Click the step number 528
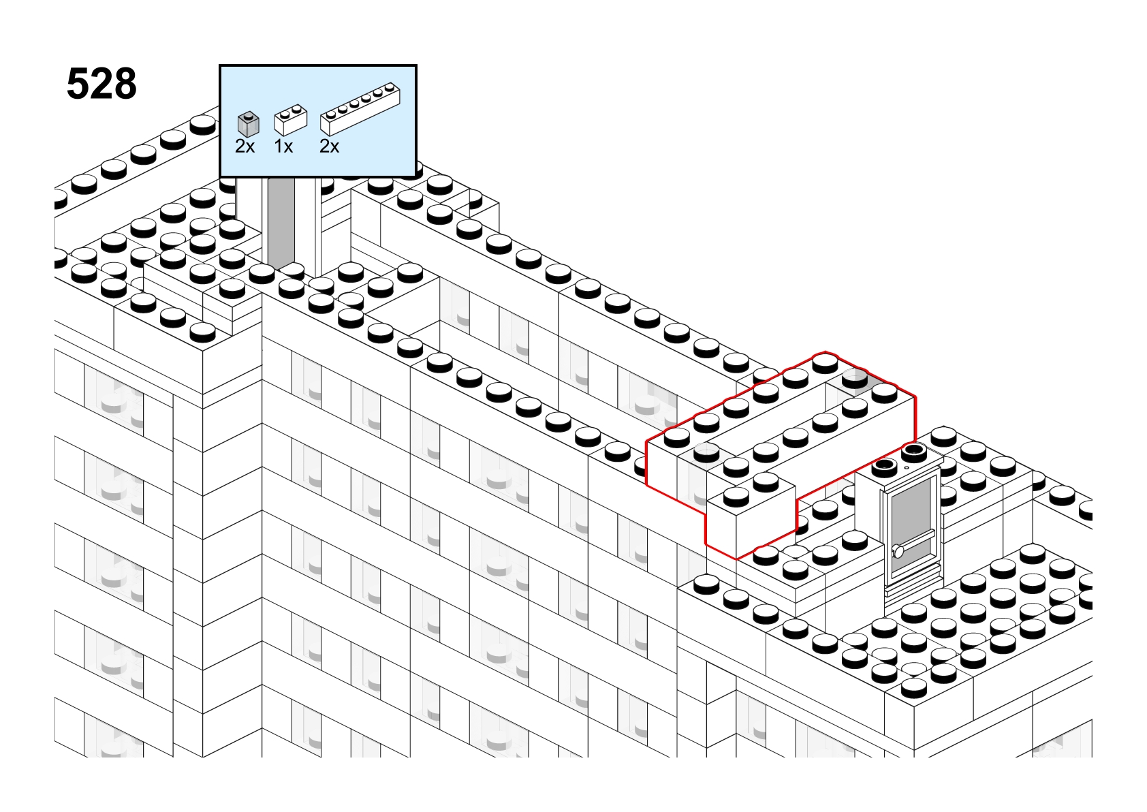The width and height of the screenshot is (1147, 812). [x=101, y=84]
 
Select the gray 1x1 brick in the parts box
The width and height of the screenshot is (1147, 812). [x=249, y=125]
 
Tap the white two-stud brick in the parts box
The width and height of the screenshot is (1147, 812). [x=291, y=121]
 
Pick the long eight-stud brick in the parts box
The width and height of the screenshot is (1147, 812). [x=360, y=109]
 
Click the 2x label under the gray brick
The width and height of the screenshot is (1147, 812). [x=245, y=147]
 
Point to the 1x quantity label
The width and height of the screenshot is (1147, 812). [x=283, y=147]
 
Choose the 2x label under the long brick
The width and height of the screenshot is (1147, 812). [x=329, y=147]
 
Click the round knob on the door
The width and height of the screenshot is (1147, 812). [x=898, y=551]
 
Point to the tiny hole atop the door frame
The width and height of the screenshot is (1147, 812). [x=907, y=467]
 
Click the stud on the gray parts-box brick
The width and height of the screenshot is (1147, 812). [x=249, y=116]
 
